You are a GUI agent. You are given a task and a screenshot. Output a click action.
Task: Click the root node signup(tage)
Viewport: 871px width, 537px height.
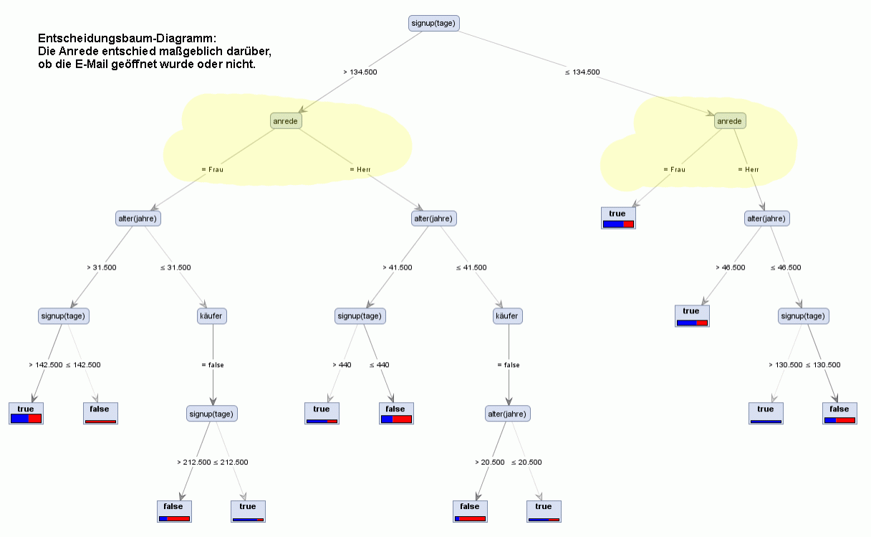pos(433,23)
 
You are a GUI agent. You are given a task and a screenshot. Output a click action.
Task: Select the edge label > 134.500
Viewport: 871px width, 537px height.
pos(360,72)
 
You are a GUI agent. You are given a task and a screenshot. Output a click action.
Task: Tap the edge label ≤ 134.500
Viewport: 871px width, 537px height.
pos(582,72)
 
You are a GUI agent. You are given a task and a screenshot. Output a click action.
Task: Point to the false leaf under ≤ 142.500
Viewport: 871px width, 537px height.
pos(100,413)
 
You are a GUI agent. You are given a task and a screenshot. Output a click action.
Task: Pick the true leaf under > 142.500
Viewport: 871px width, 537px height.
pos(27,413)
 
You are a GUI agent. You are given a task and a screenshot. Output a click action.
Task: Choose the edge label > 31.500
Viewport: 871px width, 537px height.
pos(102,267)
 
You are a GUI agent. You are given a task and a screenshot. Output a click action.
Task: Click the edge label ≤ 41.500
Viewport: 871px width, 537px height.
pos(471,267)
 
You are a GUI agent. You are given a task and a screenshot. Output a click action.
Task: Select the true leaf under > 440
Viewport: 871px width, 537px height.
pos(322,413)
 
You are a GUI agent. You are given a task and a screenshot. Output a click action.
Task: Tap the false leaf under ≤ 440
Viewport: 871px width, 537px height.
pos(396,413)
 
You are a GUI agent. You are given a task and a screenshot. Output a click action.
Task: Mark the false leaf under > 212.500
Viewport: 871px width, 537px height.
pos(174,510)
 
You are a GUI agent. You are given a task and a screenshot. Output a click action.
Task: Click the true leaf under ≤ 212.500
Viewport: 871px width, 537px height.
pos(248,510)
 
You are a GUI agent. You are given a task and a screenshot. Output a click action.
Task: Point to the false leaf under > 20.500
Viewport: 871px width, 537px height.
pos(470,510)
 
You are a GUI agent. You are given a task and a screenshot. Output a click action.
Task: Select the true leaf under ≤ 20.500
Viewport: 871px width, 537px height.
pos(544,510)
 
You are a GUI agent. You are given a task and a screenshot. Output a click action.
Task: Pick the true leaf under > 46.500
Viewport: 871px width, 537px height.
pos(691,315)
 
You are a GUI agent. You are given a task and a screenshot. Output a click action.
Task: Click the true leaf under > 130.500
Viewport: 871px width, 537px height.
pos(766,413)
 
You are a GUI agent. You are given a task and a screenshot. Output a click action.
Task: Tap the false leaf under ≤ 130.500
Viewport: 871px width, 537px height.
pos(839,413)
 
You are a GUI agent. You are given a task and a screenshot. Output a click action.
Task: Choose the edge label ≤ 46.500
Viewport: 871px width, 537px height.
pos(786,267)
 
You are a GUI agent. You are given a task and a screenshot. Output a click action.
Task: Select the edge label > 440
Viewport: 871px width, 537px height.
pos(342,365)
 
